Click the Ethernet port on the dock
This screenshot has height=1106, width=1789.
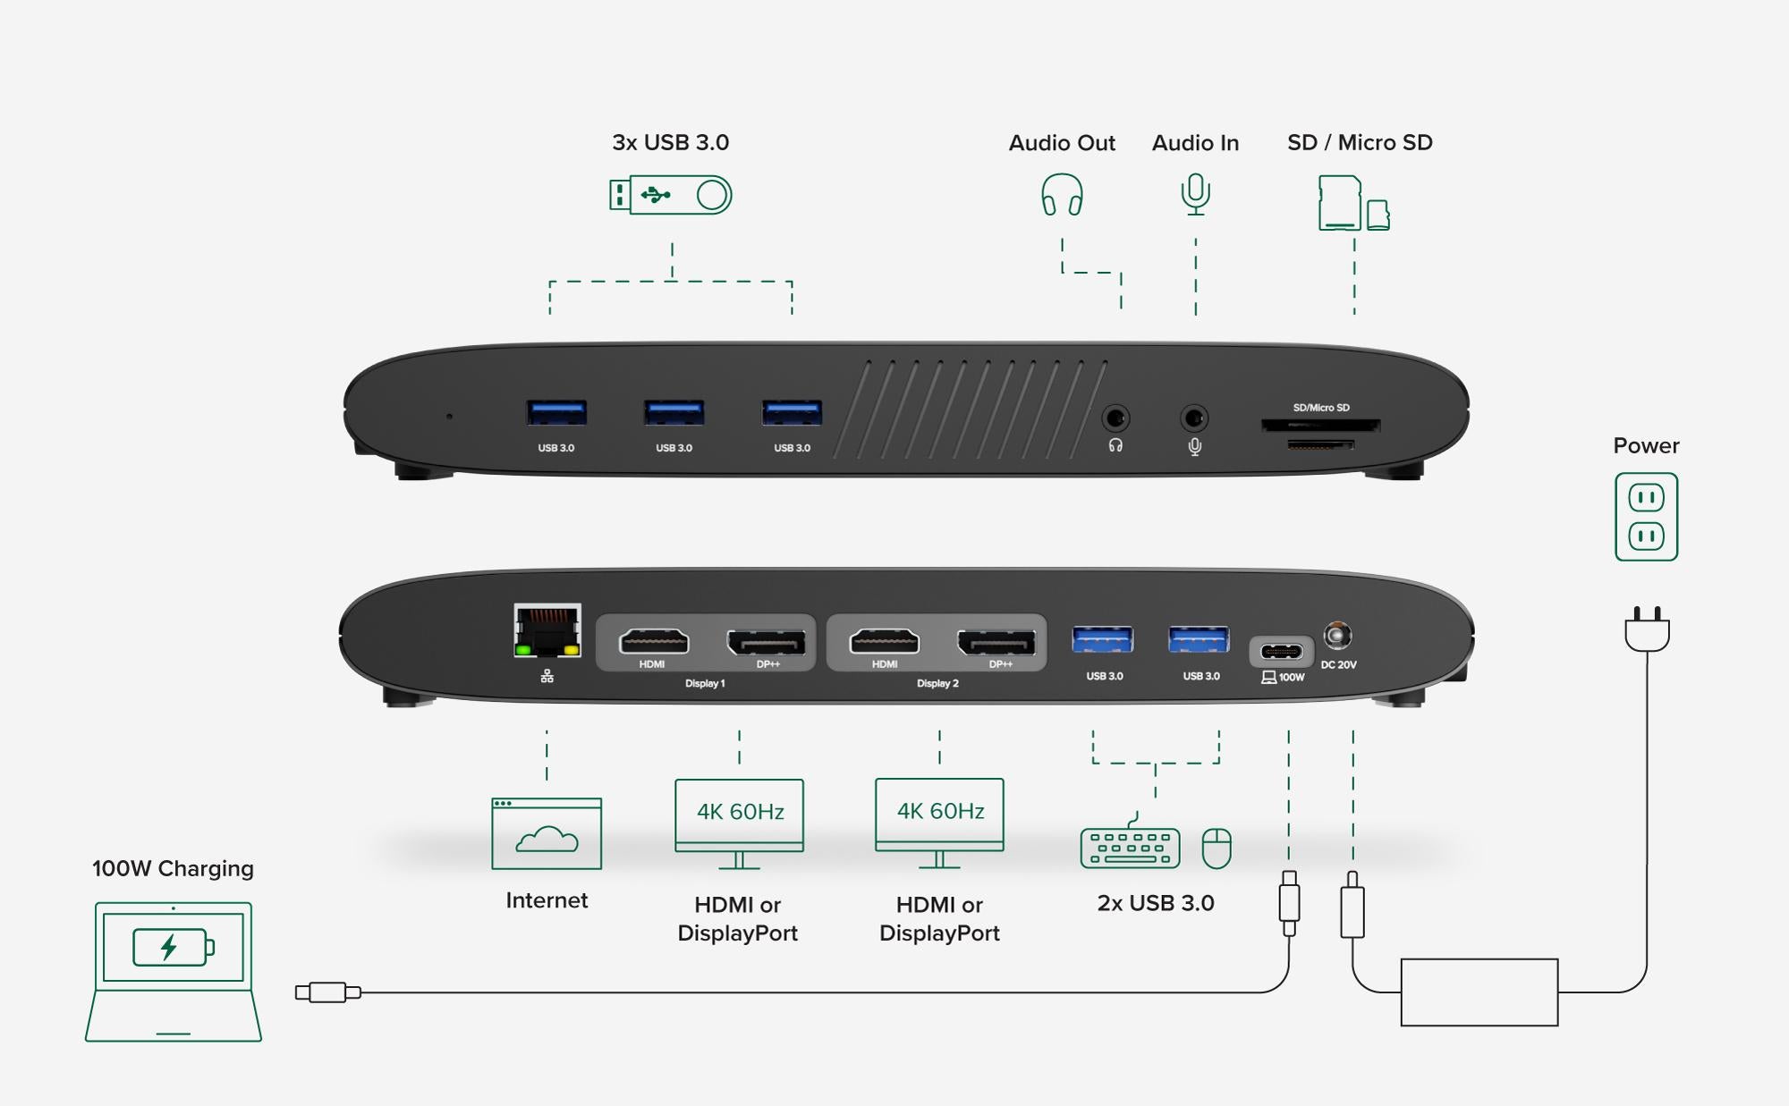pos(547,630)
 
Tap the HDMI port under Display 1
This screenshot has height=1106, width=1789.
pos(654,641)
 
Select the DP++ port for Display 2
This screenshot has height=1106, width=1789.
pos(996,642)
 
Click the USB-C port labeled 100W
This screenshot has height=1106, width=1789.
pos(1281,651)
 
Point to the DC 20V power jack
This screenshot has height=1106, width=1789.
pos(1337,636)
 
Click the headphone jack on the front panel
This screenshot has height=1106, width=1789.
pos(1115,418)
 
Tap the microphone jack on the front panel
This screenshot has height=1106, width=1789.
pos(1194,418)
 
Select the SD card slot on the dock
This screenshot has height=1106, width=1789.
pos(1320,425)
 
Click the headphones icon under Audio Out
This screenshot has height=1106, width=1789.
pos(1062,194)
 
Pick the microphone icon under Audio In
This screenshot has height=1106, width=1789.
pos(1195,194)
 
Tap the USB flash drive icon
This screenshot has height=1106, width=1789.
pos(671,195)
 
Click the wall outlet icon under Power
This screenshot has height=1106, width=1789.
pos(1646,517)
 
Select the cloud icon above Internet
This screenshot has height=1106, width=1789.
pos(547,840)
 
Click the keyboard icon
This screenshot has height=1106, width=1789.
pos(1130,847)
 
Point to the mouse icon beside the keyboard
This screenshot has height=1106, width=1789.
pos(1217,848)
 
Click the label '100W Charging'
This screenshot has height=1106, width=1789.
pos(173,868)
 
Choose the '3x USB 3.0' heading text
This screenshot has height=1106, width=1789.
pos(671,142)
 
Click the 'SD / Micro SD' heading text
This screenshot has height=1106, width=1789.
pos(1360,142)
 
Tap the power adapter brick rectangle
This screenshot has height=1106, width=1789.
pos(1480,992)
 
